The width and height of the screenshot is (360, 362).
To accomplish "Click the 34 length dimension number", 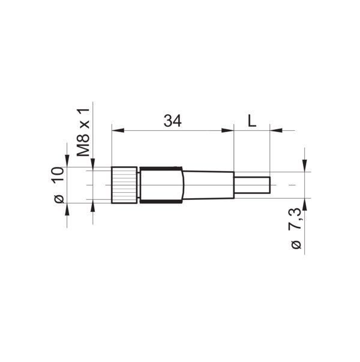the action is pos(173,121).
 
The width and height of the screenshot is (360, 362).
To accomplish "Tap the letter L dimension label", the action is pos(252,121).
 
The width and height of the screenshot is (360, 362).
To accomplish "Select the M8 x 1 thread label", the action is pos(83,132).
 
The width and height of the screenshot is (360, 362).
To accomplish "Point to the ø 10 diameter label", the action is pos(59,185).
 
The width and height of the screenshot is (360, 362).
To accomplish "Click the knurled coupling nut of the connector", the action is pos(124,185).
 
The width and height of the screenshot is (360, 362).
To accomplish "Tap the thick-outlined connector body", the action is pos(161,185).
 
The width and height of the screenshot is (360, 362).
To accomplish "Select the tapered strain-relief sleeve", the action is pos(209,185).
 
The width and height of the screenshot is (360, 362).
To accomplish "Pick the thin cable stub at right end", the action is pos(252,185).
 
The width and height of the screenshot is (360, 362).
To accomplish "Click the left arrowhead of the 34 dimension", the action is pos(118,130).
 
